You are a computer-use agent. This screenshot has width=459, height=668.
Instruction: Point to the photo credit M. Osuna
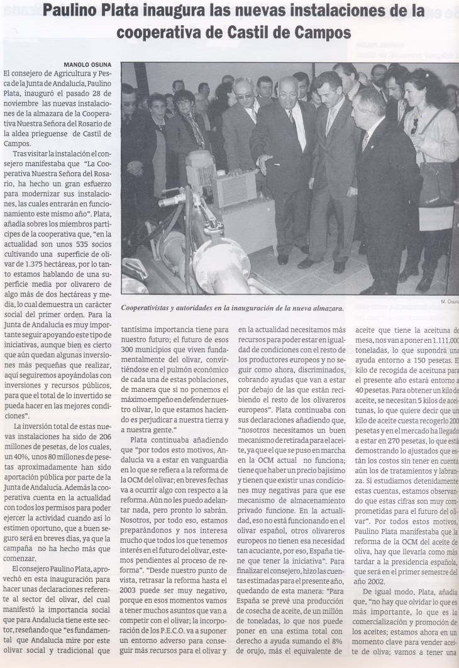[x=448, y=301]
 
